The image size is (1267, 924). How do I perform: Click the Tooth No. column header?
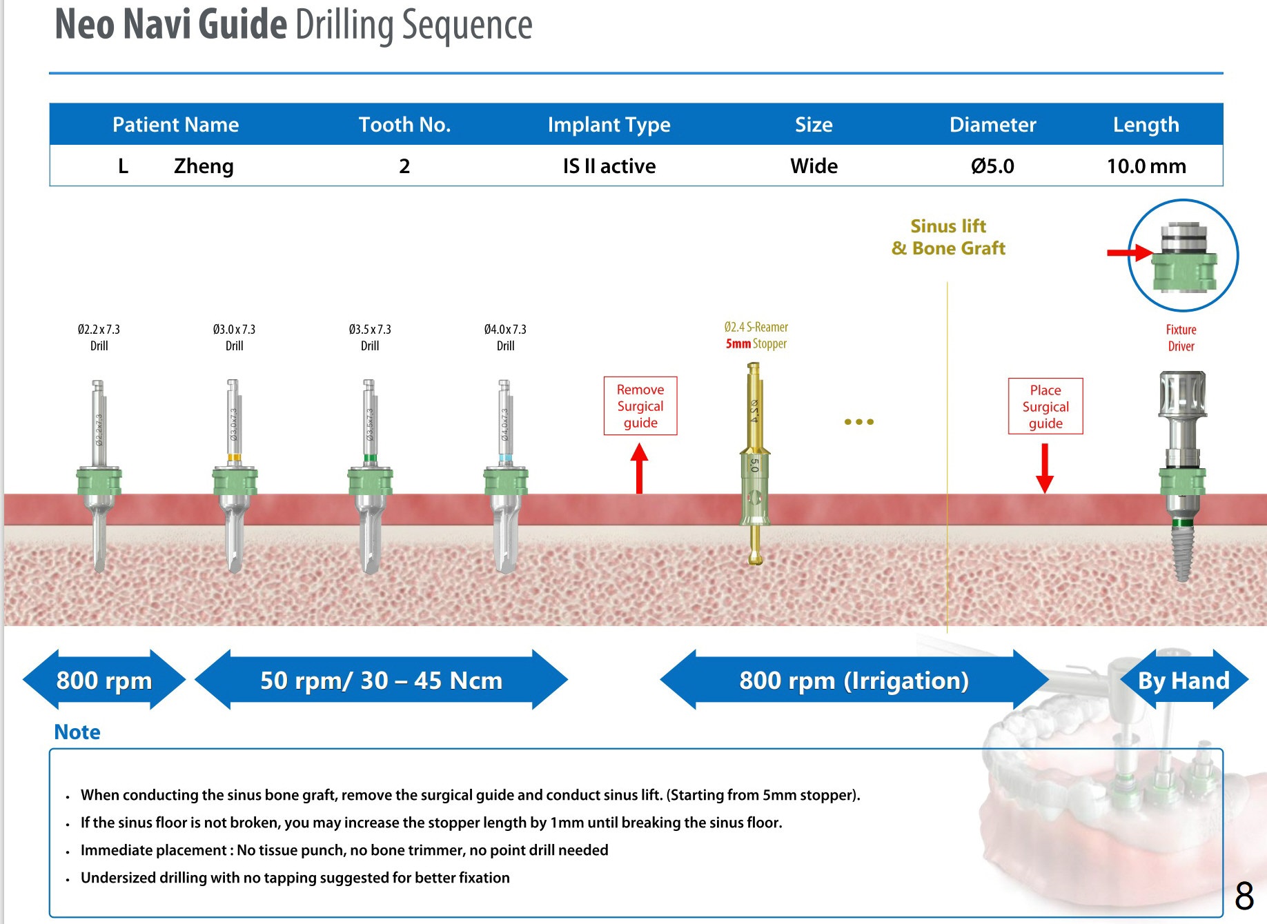click(404, 125)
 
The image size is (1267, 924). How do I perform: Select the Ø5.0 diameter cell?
click(992, 166)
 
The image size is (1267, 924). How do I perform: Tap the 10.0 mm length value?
click(1146, 166)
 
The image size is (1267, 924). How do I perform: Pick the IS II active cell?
click(609, 166)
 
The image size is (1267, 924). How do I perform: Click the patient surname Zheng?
click(204, 166)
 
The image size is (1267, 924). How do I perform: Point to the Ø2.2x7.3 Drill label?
click(99, 337)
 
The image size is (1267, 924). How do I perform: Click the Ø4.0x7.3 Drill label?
click(505, 337)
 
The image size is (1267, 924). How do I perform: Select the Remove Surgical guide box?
click(640, 406)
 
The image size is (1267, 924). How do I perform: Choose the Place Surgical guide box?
click(1045, 406)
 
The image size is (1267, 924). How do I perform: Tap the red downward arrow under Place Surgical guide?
click(1045, 468)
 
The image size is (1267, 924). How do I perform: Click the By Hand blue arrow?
click(1183, 680)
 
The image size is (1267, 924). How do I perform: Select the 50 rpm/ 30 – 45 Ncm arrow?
click(381, 680)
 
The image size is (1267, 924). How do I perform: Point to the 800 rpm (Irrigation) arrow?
click(854, 680)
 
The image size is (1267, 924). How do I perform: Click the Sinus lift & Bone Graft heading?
click(948, 237)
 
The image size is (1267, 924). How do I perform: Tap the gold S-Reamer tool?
click(755, 469)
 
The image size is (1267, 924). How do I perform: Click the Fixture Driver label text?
click(1181, 338)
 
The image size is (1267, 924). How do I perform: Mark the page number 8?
click(1244, 896)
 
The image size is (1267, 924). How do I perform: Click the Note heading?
click(77, 732)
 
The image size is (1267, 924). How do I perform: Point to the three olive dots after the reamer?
click(858, 421)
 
